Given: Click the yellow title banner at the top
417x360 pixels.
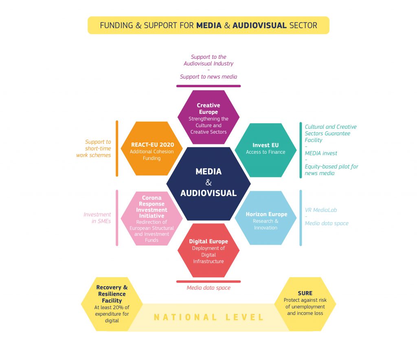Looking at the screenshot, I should click(x=208, y=25).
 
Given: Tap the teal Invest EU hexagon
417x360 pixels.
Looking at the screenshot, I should click(x=266, y=150).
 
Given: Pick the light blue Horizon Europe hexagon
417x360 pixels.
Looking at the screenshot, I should click(x=266, y=219).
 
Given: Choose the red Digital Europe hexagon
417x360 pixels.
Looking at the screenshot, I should click(x=208, y=250).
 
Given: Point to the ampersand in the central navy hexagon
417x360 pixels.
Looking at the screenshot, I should click(x=208, y=182).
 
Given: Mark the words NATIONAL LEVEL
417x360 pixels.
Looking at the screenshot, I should click(x=209, y=317).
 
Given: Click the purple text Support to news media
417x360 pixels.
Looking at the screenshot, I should click(x=208, y=77).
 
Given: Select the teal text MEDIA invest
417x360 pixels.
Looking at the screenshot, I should click(x=321, y=153).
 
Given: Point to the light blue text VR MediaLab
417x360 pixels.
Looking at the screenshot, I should click(x=321, y=210).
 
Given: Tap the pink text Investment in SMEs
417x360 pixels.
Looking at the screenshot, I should click(x=97, y=218).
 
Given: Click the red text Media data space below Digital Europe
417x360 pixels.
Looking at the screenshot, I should click(x=208, y=288).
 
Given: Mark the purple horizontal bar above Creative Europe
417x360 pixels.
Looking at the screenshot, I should click(x=208, y=86).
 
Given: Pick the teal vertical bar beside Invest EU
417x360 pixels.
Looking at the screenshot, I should click(x=301, y=150).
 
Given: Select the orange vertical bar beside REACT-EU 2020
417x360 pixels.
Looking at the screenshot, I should click(x=117, y=148).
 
